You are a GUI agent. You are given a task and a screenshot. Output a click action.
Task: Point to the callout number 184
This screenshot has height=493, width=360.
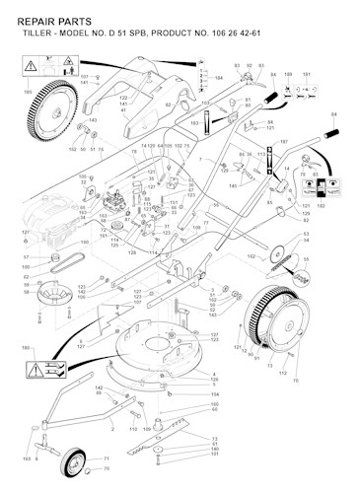[x=219, y=77]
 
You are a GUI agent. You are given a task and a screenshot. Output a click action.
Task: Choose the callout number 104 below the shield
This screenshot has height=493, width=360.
[x=214, y=394]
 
